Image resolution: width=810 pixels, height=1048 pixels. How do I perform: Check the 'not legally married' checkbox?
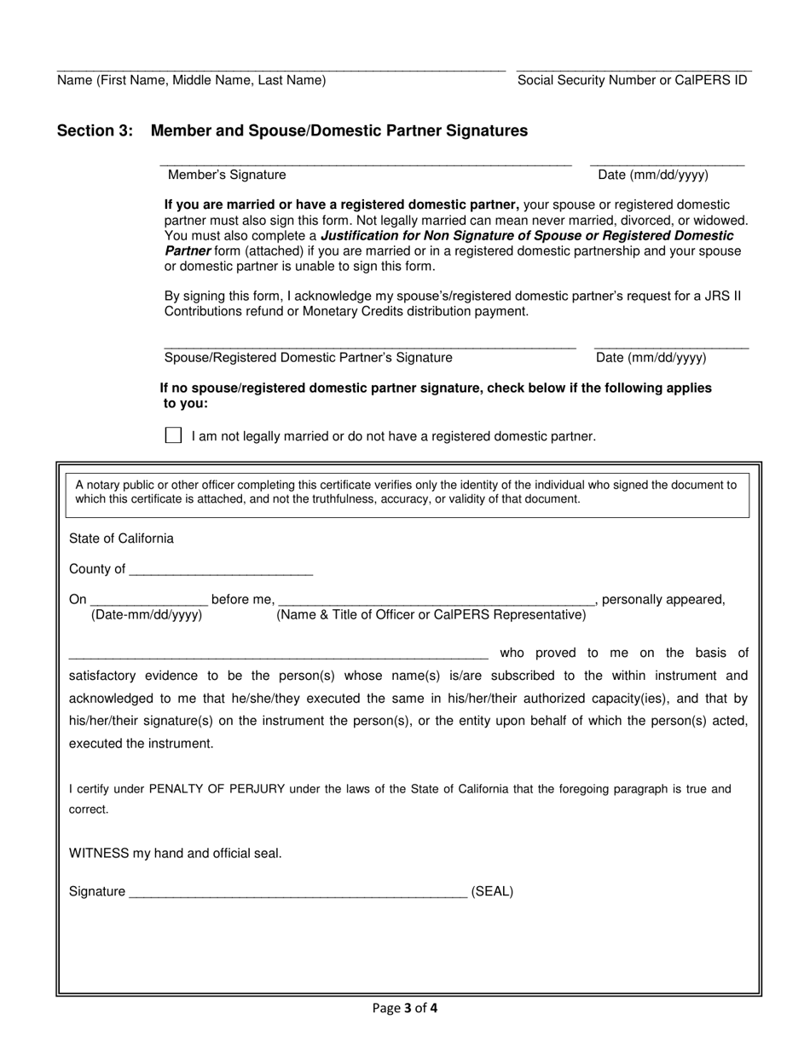coord(173,435)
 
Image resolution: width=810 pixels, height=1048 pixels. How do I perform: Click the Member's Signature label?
coord(227,175)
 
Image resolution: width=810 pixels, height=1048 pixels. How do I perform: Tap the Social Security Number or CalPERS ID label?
coord(632,80)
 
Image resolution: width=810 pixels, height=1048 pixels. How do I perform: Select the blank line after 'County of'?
coord(222,569)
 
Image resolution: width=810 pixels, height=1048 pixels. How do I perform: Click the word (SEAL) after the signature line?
coord(492,892)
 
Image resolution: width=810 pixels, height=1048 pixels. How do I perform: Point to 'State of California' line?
coord(121,538)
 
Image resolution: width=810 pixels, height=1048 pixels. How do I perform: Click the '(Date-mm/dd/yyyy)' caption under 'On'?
coord(147,615)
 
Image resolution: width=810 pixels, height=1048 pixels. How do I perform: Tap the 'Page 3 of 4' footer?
coord(405,1009)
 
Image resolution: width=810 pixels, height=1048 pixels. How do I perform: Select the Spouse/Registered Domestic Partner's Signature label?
coord(308,358)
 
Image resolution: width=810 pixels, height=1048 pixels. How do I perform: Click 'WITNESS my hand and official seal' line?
coord(175,853)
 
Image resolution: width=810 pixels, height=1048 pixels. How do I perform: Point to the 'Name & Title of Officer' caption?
coord(431,615)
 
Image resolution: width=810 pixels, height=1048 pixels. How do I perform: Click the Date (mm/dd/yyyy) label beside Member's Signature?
coord(653,175)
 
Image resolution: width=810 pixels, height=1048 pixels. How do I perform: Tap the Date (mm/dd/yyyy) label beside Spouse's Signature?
coord(651,358)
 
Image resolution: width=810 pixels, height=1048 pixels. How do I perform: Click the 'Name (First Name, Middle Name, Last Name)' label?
coord(191,80)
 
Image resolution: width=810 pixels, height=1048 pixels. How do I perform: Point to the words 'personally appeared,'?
coord(663,600)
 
